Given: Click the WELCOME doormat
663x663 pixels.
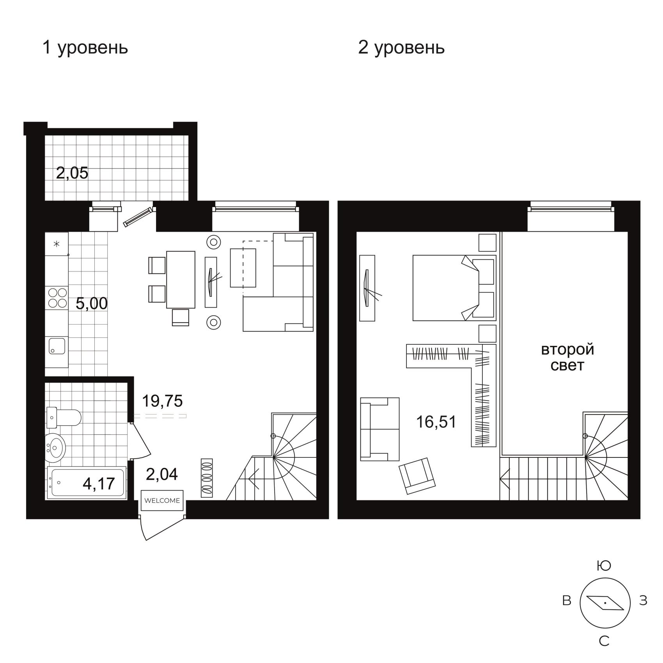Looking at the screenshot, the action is [x=162, y=500].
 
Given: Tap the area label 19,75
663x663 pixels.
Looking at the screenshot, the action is [x=162, y=401].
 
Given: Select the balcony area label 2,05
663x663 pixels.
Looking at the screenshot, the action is [x=72, y=173].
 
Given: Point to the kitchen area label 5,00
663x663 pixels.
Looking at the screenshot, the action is [x=92, y=303].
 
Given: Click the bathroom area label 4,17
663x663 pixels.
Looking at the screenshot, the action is [x=99, y=484].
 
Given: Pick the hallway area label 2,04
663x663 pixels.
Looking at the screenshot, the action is [x=162, y=474].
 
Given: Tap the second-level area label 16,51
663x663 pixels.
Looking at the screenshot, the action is [x=436, y=422].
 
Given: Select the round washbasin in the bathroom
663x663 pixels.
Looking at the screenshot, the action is [x=56, y=446].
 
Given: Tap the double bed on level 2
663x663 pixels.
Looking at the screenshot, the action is [x=454, y=288].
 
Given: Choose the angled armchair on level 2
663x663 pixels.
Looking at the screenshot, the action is [x=417, y=476].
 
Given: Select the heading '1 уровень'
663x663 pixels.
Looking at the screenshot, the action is [x=85, y=48].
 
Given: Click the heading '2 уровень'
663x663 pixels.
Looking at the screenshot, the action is [x=401, y=48].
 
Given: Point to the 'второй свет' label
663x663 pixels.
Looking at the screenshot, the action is [x=567, y=357].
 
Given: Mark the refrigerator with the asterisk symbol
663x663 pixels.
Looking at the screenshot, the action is [x=57, y=244].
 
